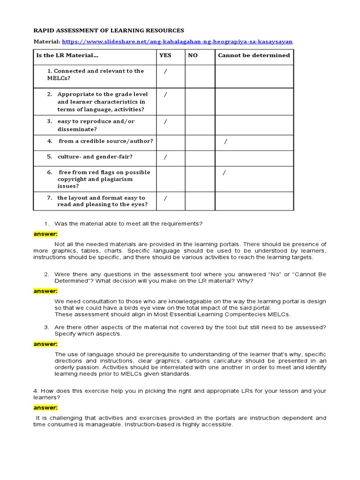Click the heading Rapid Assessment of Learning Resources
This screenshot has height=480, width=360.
[x=109, y=30]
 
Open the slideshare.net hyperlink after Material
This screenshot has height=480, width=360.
[x=177, y=42]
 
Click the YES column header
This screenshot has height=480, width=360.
[x=165, y=55]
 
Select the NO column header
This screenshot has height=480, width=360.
[x=193, y=55]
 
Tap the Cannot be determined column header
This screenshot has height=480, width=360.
[x=254, y=55]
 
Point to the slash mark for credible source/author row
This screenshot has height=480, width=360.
[x=226, y=142]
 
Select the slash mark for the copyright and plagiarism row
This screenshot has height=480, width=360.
[x=224, y=173]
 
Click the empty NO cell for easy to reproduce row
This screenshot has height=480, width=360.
[x=200, y=125]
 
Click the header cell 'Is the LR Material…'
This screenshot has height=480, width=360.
[x=67, y=55]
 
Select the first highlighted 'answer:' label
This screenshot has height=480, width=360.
[x=45, y=233]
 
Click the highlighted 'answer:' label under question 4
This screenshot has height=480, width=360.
[x=45, y=408]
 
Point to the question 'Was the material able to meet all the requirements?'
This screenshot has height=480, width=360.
[x=128, y=224]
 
